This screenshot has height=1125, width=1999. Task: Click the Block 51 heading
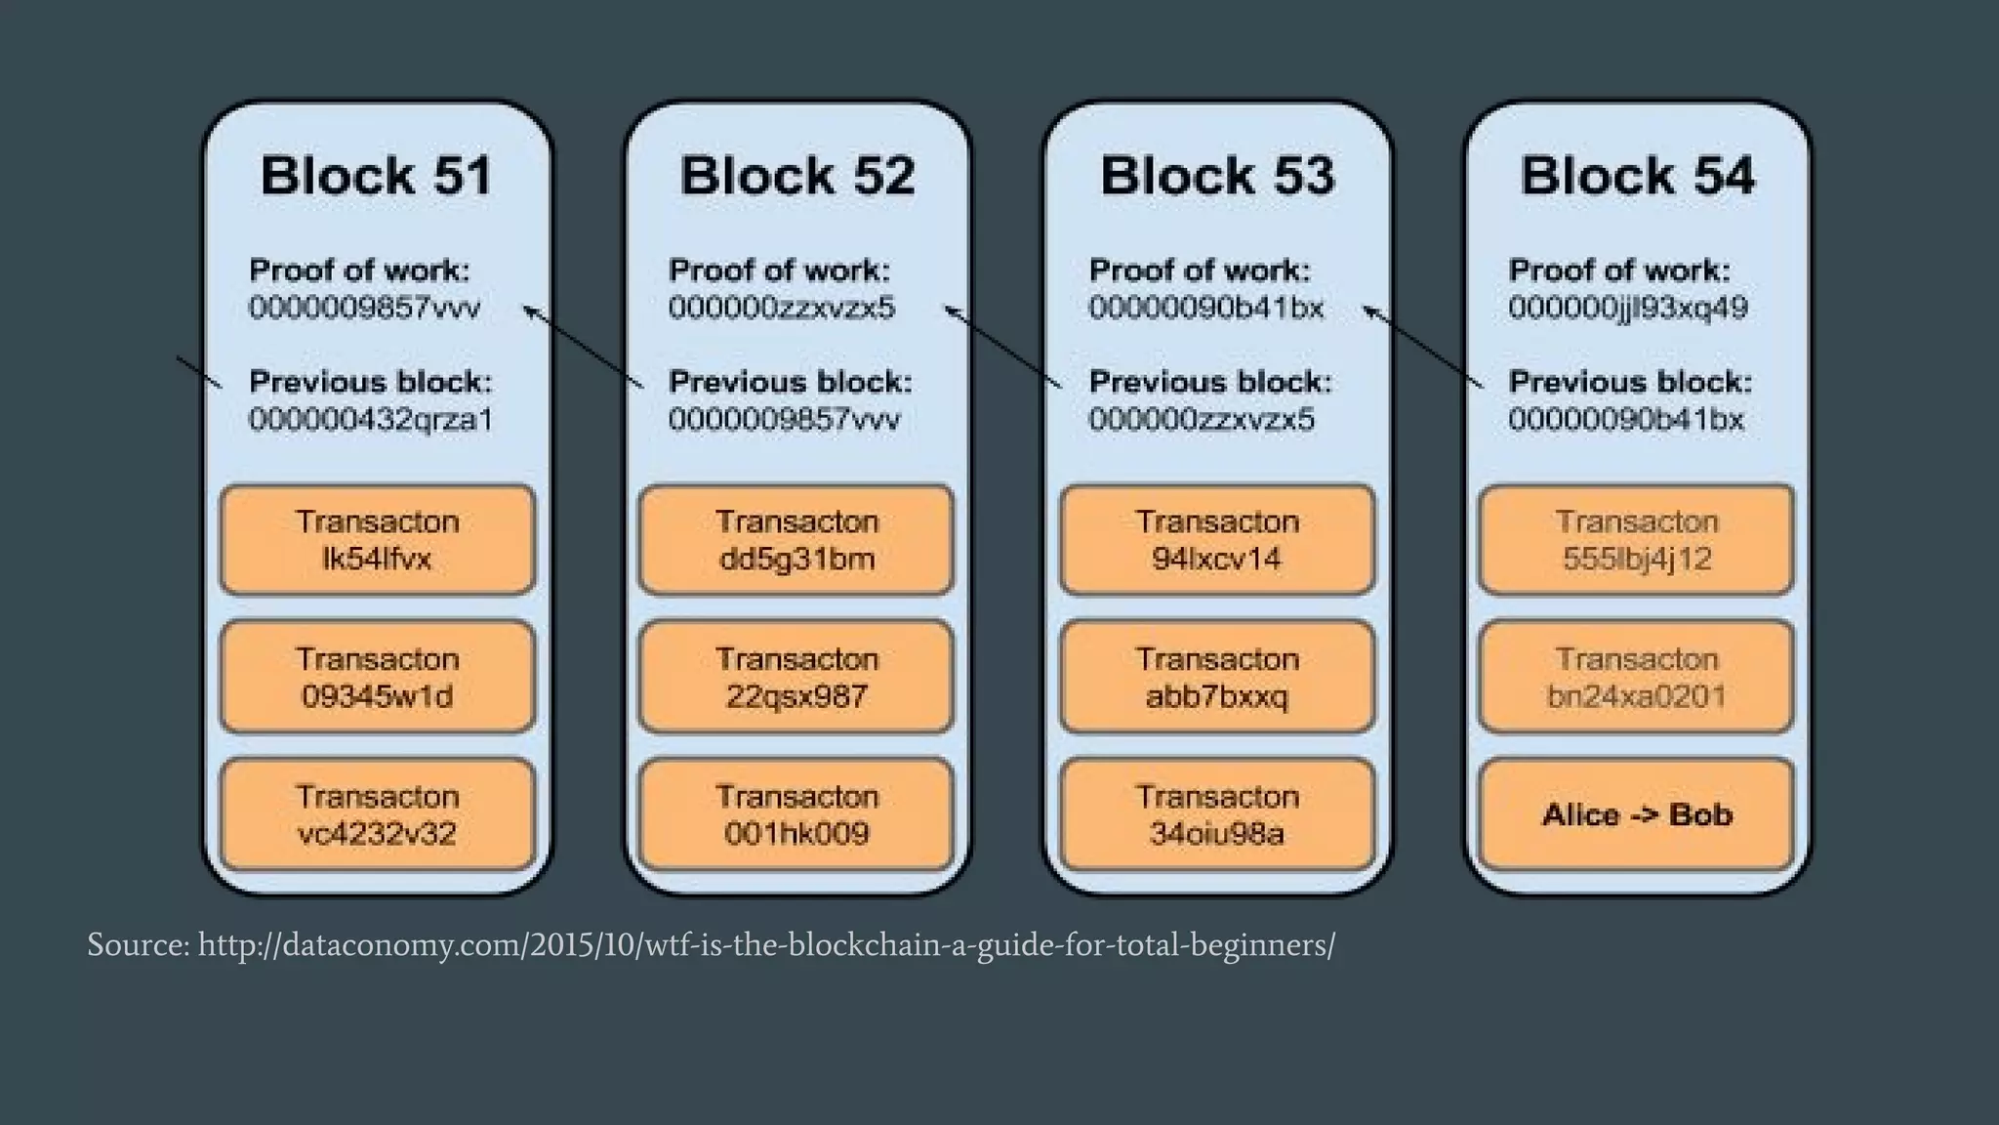[x=377, y=177]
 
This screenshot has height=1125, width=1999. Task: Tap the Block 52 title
[x=796, y=177]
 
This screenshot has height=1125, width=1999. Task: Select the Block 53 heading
[x=1217, y=177]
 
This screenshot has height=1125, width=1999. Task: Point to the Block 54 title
[x=1637, y=177]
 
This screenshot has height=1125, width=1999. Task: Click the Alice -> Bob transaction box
[x=1637, y=814]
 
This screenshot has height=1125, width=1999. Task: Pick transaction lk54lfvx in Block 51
[x=377, y=540]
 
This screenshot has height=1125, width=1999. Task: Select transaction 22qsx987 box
[x=796, y=677]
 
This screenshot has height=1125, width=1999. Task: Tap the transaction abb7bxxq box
[x=1217, y=677]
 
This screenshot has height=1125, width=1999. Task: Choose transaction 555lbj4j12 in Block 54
[x=1637, y=540]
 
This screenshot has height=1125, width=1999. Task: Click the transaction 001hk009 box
[x=796, y=814]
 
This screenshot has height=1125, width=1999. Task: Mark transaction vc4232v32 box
[x=377, y=814]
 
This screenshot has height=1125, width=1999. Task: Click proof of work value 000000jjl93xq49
[x=1628, y=309]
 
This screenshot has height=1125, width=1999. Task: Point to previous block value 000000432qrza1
[x=371, y=420]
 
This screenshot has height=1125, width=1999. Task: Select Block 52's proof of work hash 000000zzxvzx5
[x=781, y=309]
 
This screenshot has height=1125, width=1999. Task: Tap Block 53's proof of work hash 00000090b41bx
[x=1206, y=309]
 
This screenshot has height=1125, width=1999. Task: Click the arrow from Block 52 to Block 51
[x=584, y=348]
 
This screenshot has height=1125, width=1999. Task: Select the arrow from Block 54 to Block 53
[x=1423, y=348]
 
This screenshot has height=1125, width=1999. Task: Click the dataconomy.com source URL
[x=765, y=945]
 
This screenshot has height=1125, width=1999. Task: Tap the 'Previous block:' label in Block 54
[x=1630, y=382]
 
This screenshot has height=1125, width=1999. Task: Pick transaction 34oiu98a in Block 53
[x=1217, y=814]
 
